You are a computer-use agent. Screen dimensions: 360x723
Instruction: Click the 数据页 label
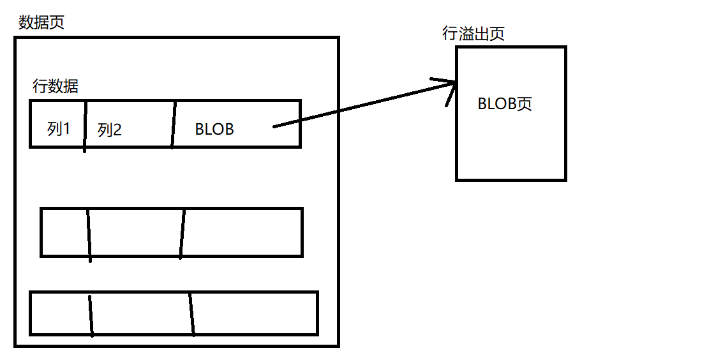[x=41, y=23]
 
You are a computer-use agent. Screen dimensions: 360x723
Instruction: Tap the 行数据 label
[x=56, y=86]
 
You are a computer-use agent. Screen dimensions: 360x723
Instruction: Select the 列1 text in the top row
[x=59, y=129]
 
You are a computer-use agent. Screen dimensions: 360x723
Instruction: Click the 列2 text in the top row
[x=110, y=130]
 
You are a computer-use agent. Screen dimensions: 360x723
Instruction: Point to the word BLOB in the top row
[x=214, y=130]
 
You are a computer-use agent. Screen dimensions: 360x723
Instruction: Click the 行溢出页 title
[x=473, y=34]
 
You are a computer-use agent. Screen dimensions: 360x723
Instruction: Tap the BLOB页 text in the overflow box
[x=505, y=104]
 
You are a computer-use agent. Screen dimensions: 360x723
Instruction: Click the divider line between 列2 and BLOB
[x=173, y=124]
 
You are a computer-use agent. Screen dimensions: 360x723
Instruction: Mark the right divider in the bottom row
[x=191, y=314]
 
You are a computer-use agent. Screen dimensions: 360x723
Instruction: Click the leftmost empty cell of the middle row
[x=64, y=232]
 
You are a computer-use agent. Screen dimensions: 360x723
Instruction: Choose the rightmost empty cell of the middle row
[x=242, y=232]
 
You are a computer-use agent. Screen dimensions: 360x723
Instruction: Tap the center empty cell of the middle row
[x=135, y=232]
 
